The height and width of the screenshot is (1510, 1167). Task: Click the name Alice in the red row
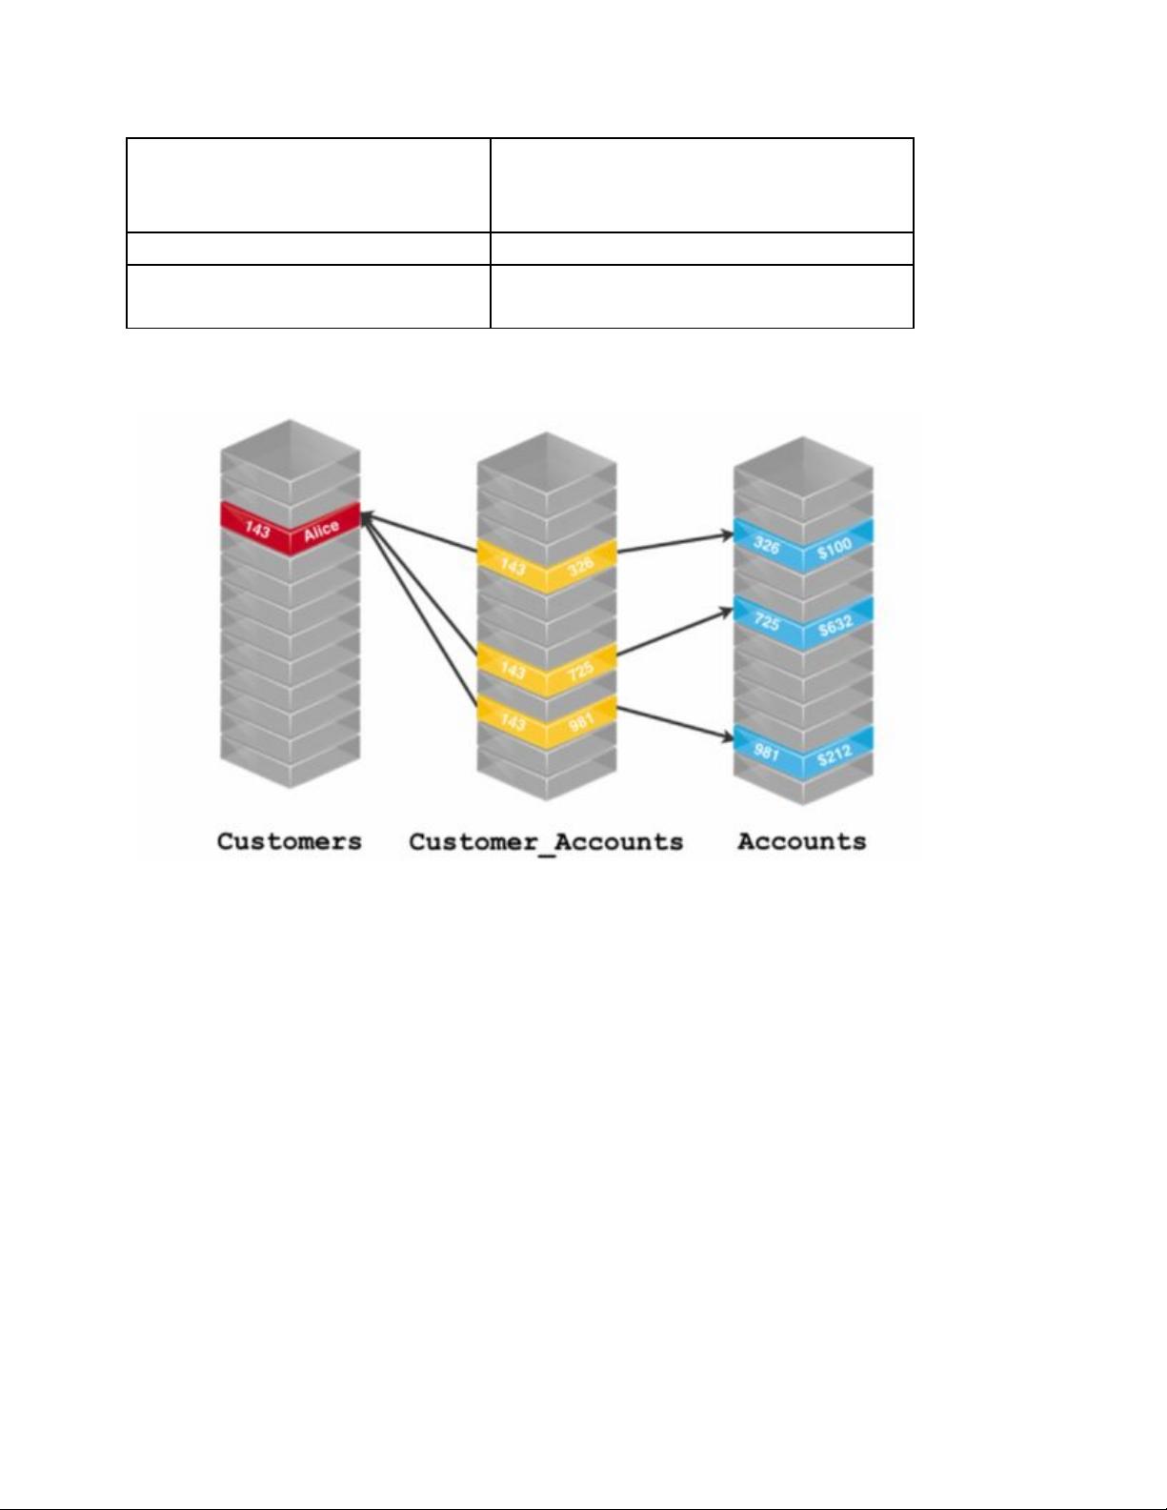click(x=321, y=531)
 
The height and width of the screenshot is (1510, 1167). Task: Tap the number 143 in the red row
click(x=257, y=531)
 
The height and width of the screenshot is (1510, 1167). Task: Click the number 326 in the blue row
click(x=766, y=546)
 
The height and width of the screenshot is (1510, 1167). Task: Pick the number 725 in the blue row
click(x=766, y=621)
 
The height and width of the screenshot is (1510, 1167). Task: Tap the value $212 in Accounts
click(x=835, y=754)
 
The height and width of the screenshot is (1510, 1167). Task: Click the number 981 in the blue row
click(x=766, y=752)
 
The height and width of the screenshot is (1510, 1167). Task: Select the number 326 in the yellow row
click(x=580, y=566)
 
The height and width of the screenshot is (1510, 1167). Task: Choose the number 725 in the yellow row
click(x=580, y=670)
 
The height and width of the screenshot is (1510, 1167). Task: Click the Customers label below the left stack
click(x=289, y=841)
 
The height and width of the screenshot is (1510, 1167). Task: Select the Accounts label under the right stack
click(x=801, y=841)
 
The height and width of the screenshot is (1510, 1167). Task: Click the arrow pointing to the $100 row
click(x=675, y=543)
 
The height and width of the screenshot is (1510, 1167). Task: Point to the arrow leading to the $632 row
click(x=675, y=632)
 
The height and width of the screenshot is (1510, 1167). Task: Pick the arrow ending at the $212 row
click(x=675, y=723)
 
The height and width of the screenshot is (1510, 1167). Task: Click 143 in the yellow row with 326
click(x=513, y=568)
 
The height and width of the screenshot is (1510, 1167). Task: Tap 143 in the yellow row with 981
click(x=513, y=723)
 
